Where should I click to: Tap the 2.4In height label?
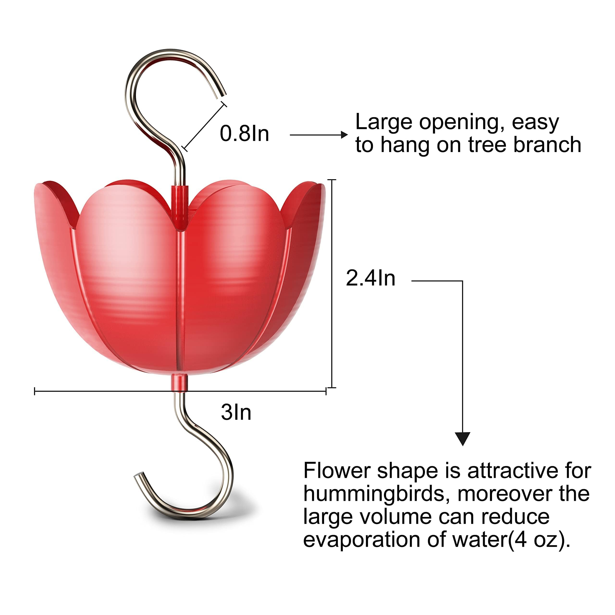(370, 278)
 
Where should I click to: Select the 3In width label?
(236, 412)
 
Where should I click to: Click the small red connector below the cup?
(179, 383)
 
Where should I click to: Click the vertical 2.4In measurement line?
(332, 284)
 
